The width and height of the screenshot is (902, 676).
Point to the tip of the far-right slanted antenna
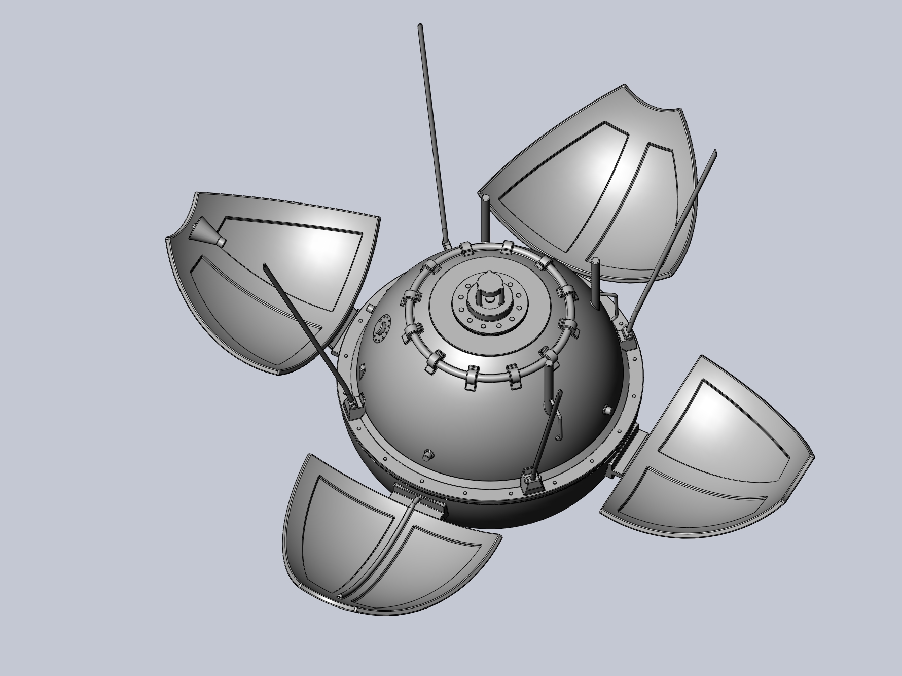coord(714,152)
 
